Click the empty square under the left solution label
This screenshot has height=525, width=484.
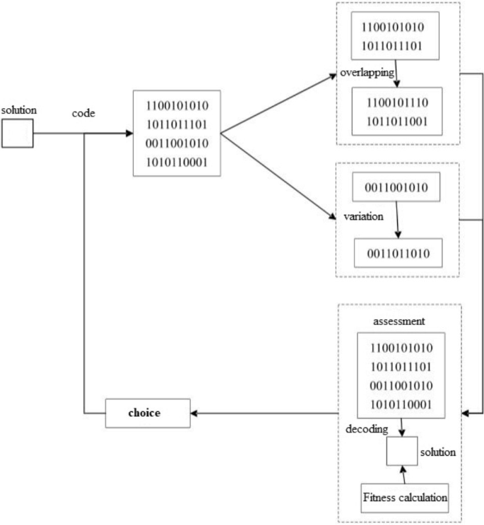(x=18, y=134)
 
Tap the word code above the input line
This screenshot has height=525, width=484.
(x=84, y=113)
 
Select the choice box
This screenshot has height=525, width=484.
(x=148, y=413)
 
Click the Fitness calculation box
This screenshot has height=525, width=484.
(x=406, y=497)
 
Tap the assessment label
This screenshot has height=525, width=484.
(x=400, y=321)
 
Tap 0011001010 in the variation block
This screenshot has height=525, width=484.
(x=396, y=187)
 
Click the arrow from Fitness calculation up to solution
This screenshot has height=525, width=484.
(x=403, y=474)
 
